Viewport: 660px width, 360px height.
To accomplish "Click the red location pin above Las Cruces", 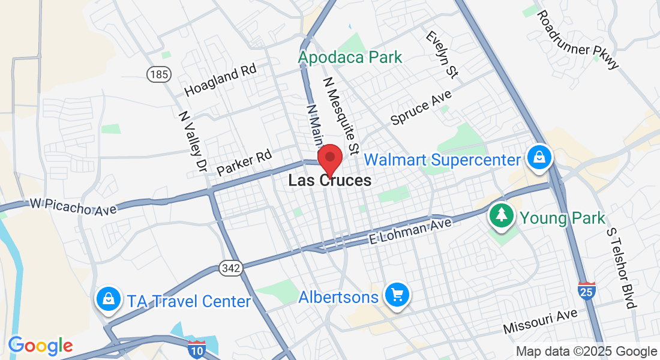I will tap(329, 158).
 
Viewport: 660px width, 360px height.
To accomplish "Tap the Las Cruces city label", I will tap(329, 180).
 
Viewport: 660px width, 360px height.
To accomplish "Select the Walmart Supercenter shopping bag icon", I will tap(539, 158).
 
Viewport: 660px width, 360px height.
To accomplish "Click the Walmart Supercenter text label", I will tap(442, 160).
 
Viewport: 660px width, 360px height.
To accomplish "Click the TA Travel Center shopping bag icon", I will tap(108, 298).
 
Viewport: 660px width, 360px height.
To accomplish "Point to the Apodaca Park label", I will tap(350, 58).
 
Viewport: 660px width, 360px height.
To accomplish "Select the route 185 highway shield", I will tap(158, 74).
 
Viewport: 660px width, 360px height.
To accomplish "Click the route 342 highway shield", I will tap(231, 268).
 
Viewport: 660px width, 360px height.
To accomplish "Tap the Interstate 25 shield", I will tap(587, 290).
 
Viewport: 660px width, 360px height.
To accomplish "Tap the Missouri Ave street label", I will tap(540, 321).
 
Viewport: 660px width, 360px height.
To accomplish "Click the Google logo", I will tap(40, 346).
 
